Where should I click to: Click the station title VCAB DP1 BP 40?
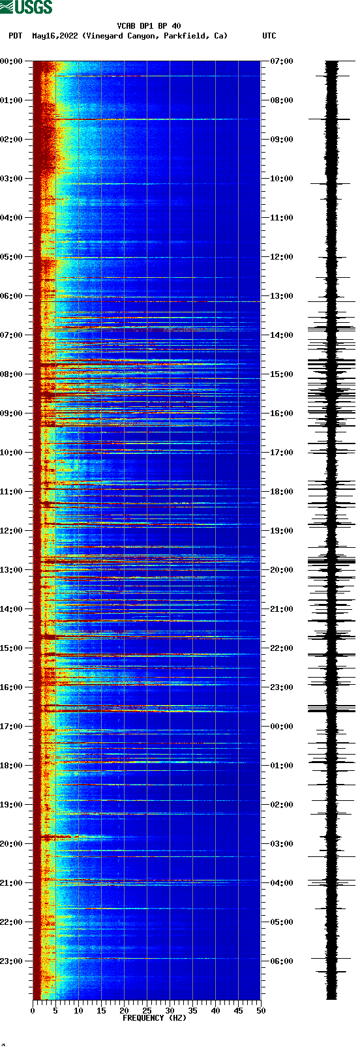coord(149,26)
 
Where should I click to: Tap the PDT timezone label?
coord(15,36)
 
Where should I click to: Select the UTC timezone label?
coord(269,36)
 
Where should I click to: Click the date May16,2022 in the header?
coord(55,36)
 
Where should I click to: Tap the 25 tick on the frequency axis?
coord(147,1010)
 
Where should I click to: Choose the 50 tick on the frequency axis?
coord(261,1010)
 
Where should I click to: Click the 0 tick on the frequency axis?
coord(33,1010)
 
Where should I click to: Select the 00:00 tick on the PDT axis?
coord(12,61)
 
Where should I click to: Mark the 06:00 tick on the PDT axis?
coord(12,296)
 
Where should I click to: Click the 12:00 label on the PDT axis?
coord(12,531)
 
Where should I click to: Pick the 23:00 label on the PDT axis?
coord(12,961)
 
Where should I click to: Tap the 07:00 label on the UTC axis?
coord(281,61)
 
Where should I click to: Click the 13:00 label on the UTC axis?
coord(281,296)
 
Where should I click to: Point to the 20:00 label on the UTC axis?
coord(281,570)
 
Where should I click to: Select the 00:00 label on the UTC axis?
coord(281,727)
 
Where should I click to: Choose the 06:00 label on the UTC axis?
coord(281,961)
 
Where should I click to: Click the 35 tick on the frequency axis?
coord(192,1010)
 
